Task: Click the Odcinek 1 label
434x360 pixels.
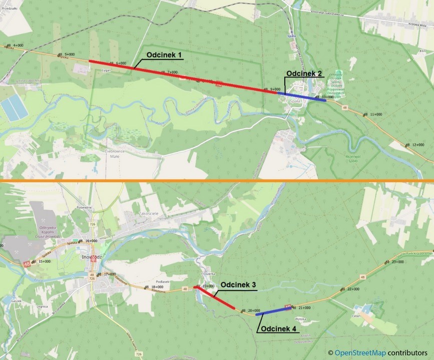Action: [x=165, y=54]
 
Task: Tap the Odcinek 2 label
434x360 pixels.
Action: [x=304, y=73]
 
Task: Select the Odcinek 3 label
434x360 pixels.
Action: [x=238, y=285]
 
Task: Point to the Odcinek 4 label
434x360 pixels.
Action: [x=279, y=329]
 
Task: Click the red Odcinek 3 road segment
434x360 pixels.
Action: [x=216, y=297]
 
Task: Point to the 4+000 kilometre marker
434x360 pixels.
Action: [x=18, y=45]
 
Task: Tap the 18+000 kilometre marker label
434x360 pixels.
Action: [x=157, y=287]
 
